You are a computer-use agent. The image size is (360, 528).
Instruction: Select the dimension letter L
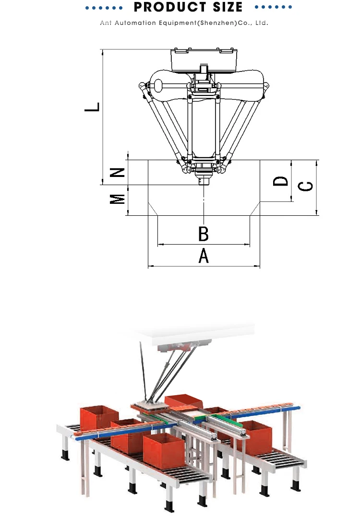tap(92, 107)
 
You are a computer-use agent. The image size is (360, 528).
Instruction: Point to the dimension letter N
tap(118, 173)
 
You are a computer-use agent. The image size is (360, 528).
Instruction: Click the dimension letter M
tap(118, 199)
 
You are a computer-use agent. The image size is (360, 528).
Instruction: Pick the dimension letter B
tap(203, 234)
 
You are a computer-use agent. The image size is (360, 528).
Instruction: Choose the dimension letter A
tap(204, 256)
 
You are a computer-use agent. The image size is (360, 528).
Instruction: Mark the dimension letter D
tap(280, 181)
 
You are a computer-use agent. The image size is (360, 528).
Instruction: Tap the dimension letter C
tap(306, 186)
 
